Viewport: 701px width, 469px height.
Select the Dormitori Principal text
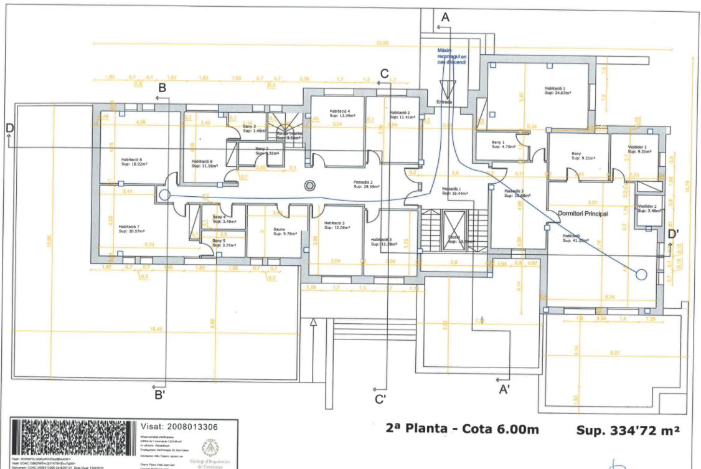coord(582,214)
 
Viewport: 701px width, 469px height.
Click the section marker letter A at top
coord(445,18)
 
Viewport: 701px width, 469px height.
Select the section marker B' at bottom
coord(160,394)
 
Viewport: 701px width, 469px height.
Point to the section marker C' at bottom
coord(381,399)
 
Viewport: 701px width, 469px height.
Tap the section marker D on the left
coord(9,126)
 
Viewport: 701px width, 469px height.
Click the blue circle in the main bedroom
coord(641,273)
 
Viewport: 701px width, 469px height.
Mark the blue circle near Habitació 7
coord(164,195)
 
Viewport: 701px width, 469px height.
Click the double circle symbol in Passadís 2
coord(310,185)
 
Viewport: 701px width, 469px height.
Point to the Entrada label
coord(445,102)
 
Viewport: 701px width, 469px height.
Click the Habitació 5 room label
coord(337,225)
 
